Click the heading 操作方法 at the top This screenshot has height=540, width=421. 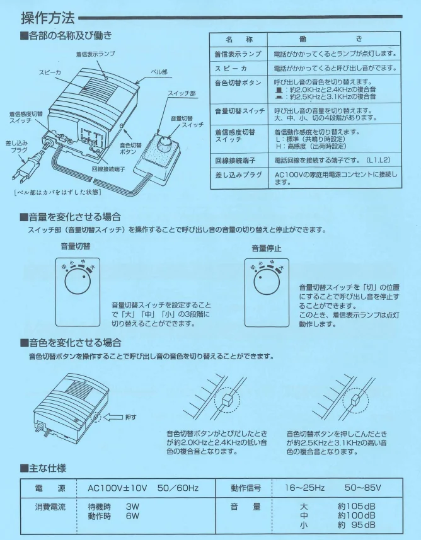[48, 18]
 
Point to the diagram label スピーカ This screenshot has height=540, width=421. [50, 72]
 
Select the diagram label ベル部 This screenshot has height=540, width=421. [159, 72]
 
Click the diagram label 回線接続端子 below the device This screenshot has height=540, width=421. [108, 169]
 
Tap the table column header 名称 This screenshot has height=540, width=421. [239, 39]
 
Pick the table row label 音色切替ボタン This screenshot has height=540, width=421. [238, 83]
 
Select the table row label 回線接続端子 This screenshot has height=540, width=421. [235, 161]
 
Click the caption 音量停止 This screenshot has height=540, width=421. [267, 248]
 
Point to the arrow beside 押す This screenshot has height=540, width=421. [113, 417]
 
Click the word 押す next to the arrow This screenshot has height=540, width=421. [130, 417]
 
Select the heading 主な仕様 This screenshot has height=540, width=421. [43, 468]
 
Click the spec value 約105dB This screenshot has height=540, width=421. [357, 506]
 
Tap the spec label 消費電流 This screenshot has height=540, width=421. [50, 507]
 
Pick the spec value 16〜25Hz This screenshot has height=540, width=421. [304, 488]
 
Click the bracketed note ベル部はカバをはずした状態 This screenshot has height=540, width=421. [57, 192]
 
